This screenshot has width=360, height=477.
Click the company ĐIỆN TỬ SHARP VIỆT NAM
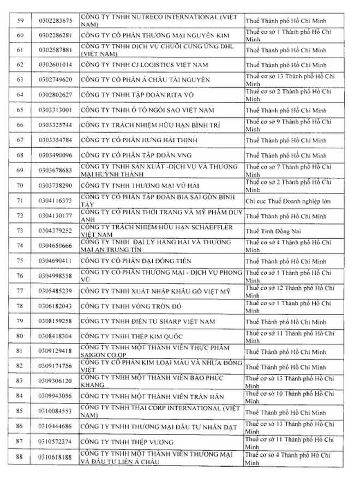click(x=148, y=321)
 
